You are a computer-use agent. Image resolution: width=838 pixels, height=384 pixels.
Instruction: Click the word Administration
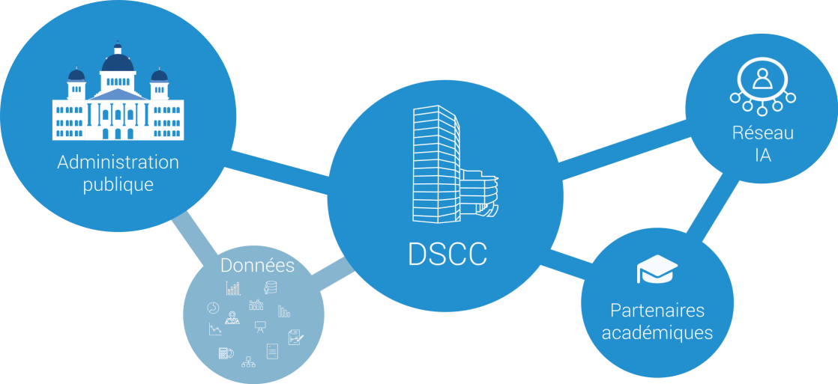click(x=118, y=162)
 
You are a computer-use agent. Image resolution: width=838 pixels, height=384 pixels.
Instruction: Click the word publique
click(x=118, y=184)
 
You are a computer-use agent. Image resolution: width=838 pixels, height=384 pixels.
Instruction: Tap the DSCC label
click(x=447, y=255)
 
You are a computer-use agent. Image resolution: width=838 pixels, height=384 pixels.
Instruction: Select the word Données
click(x=257, y=266)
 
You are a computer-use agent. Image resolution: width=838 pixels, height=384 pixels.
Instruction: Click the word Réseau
click(x=762, y=134)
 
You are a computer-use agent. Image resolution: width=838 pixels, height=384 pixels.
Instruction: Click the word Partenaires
click(x=657, y=310)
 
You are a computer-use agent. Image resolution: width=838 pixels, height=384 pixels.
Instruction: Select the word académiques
click(x=657, y=332)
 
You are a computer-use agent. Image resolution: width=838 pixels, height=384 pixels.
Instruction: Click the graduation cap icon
click(x=657, y=269)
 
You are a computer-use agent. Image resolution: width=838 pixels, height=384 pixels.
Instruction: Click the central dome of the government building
click(x=118, y=62)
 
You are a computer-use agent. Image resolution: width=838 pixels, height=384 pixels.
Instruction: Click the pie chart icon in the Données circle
click(x=212, y=308)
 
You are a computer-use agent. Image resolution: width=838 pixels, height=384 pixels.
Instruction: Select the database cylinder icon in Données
click(x=270, y=287)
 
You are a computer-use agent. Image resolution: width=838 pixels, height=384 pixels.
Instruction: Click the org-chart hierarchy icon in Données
click(x=249, y=363)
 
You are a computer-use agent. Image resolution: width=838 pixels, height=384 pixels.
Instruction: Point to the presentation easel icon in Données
click(x=260, y=326)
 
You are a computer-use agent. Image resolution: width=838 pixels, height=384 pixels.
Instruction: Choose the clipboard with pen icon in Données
click(x=295, y=337)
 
